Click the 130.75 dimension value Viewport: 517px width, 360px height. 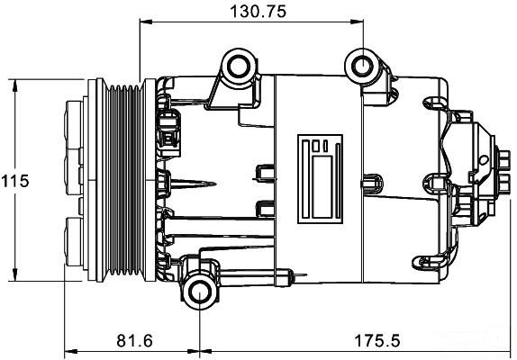[258, 12]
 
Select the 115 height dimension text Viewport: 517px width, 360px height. [15, 181]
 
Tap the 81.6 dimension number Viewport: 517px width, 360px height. [134, 340]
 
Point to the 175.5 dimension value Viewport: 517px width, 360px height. [376, 340]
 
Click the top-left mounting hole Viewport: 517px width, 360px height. [239, 67]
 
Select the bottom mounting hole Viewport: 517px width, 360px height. [200, 292]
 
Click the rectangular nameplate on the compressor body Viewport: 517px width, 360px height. [320, 179]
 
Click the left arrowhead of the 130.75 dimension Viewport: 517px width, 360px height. [146, 22]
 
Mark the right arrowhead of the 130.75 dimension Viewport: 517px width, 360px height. [357, 22]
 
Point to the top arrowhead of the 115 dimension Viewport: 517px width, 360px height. [14, 86]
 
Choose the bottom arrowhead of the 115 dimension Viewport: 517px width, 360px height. [14, 274]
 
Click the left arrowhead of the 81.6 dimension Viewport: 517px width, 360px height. [71, 351]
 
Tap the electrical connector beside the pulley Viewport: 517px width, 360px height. [169, 132]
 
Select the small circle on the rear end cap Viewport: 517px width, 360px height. [484, 160]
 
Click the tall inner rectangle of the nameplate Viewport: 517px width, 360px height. [322, 187]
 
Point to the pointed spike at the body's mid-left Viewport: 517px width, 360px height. [194, 184]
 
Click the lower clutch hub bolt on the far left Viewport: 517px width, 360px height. [74, 241]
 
